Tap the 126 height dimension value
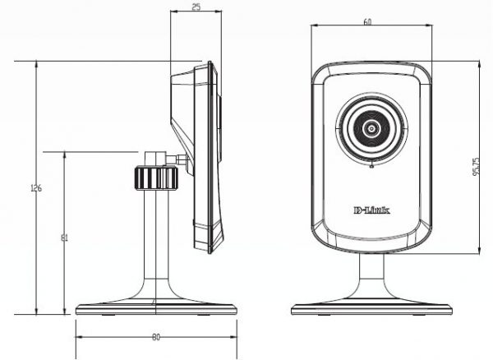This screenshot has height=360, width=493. coord(36,188)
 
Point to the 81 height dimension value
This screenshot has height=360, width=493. coord(65,238)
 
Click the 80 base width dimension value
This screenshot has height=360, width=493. coord(156,337)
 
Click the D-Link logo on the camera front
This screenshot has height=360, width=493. coord(371,211)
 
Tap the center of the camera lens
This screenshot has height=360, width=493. coord(371,129)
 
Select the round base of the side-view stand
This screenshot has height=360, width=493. coord(156,309)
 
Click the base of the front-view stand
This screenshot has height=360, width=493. coord(371,309)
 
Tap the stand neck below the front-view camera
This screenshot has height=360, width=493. coord(371,275)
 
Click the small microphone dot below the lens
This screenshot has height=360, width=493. coord(371,168)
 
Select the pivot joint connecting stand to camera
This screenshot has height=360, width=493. coord(180,159)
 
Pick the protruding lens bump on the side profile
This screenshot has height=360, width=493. coord(220,119)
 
